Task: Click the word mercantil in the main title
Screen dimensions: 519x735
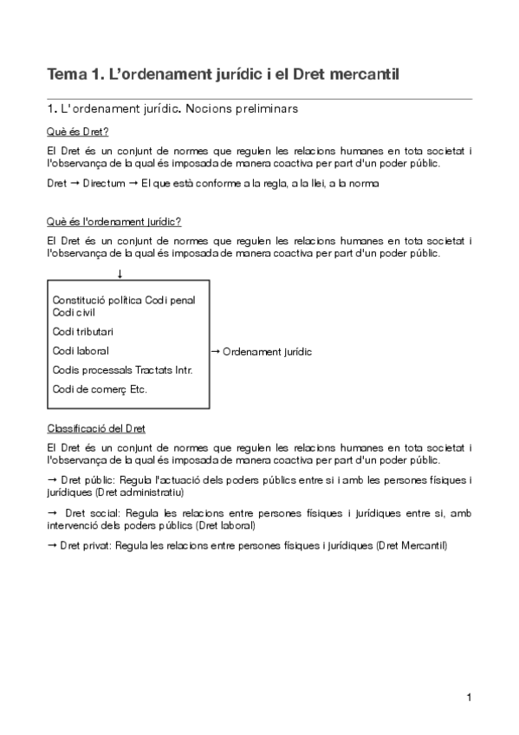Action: [x=360, y=75]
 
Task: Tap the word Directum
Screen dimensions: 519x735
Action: [x=103, y=184]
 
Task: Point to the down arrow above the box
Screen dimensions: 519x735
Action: [x=120, y=274]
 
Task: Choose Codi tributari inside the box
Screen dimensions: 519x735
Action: [x=83, y=331]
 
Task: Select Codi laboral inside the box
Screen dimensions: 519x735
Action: [x=80, y=351]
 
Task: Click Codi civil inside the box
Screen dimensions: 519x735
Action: [x=74, y=312]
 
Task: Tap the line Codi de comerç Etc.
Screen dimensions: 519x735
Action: [x=100, y=389]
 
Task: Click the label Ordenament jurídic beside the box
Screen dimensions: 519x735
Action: [x=267, y=352]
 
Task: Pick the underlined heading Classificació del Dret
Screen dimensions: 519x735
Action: [x=96, y=428]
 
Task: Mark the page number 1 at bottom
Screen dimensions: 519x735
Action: [x=468, y=697]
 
